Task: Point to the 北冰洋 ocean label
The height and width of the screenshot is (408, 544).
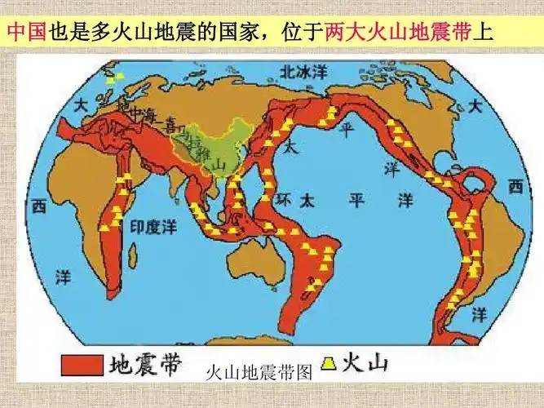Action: coord(299,73)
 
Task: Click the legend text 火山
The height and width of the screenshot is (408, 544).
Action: coord(361,361)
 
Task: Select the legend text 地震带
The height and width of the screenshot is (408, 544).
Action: coord(145,364)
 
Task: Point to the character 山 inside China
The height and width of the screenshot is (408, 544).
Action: coord(219,164)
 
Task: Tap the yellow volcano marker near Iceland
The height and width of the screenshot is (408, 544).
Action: coord(120,76)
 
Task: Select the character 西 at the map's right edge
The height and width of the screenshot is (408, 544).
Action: coord(515,188)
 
